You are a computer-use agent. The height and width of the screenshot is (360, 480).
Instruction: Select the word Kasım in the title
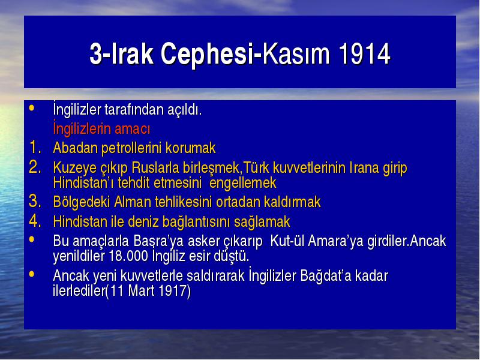[x=296, y=53]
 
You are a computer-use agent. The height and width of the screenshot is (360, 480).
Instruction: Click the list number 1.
[x=35, y=147]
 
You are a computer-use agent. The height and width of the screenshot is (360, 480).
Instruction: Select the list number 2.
[x=35, y=167]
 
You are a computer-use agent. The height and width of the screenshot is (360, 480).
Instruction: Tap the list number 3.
[x=35, y=201]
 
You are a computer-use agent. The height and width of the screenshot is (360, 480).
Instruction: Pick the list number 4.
[x=35, y=221]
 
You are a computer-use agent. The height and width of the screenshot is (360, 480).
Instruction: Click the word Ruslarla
[x=155, y=168]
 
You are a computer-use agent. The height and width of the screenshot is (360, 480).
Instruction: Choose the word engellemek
[x=243, y=184]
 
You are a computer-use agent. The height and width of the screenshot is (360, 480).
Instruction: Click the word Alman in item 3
[x=133, y=202]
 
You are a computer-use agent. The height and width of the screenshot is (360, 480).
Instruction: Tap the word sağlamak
[x=262, y=222]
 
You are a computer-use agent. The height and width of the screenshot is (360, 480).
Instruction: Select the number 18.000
[x=128, y=256]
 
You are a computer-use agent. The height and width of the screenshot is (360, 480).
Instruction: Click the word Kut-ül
[x=287, y=241]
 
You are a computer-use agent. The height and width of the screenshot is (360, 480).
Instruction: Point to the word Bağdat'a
[x=326, y=276]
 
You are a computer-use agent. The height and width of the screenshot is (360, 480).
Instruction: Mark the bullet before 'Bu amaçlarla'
[x=32, y=239]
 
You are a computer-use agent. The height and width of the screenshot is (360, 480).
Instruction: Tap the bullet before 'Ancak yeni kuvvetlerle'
[x=32, y=274]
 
